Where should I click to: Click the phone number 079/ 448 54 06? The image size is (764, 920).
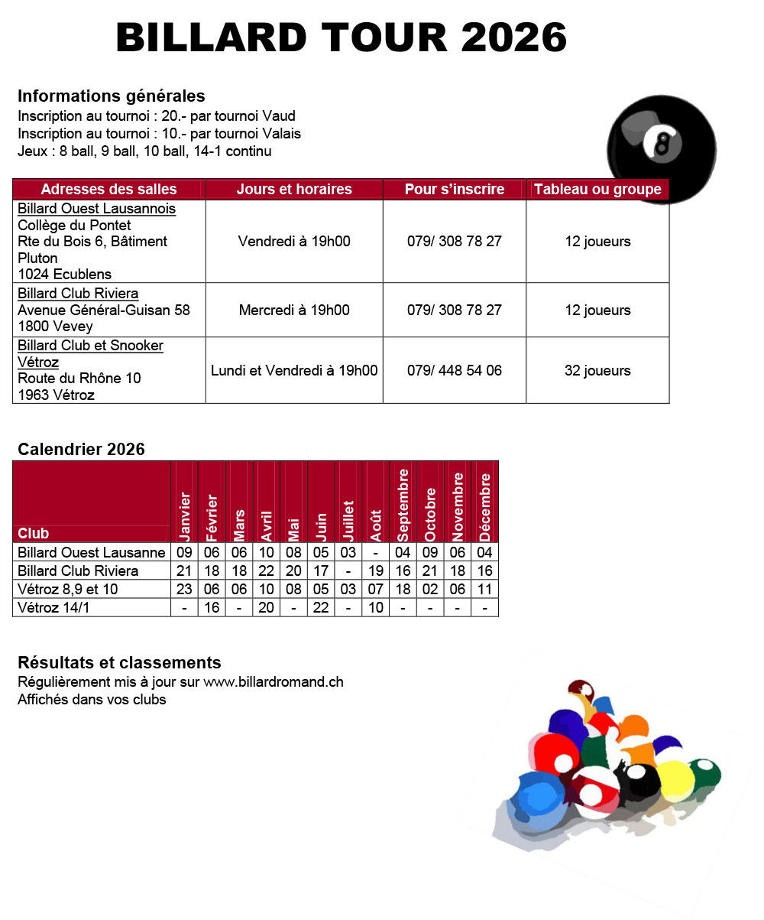click(x=455, y=371)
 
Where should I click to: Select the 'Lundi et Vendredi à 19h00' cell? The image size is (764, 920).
click(x=294, y=371)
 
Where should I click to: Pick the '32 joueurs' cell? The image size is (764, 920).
click(x=597, y=371)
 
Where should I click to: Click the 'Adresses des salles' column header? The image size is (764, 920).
click(x=108, y=190)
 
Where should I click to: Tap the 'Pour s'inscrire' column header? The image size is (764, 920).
click(x=455, y=190)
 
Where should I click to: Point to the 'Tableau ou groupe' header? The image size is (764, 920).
click(x=597, y=190)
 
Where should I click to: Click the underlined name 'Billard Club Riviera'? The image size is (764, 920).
click(x=78, y=294)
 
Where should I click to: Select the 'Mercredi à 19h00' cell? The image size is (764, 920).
click(x=294, y=310)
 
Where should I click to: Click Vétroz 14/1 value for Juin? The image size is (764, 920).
click(x=321, y=608)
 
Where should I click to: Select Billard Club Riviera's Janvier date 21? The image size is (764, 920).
click(x=184, y=571)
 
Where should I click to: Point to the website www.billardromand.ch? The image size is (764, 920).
click(x=273, y=682)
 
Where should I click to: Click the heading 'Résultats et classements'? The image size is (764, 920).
click(x=119, y=663)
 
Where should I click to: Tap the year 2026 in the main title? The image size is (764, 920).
click(x=513, y=37)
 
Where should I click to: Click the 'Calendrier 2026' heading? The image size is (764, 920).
click(x=81, y=450)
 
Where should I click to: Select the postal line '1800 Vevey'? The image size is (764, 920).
click(x=55, y=327)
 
